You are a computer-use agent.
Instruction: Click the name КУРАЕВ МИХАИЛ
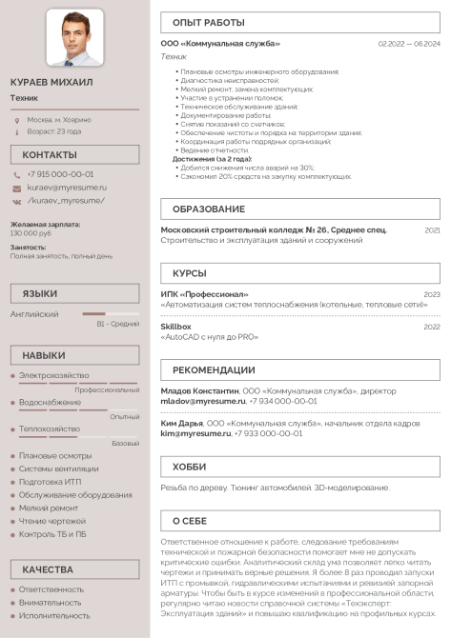51,83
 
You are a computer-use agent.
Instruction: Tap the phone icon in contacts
17,175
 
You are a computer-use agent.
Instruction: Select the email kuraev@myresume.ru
67,188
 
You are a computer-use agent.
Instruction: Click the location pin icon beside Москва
17,120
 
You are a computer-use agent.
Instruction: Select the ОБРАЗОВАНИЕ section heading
209,209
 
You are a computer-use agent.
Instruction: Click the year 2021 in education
432,230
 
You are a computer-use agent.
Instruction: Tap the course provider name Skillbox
175,327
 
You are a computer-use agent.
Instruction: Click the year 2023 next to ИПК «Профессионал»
432,294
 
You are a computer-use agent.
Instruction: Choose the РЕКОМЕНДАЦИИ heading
214,369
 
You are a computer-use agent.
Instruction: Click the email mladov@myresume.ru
196,402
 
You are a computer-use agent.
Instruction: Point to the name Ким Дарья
181,423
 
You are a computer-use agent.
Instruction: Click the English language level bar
111,313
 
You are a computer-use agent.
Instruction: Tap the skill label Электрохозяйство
53,376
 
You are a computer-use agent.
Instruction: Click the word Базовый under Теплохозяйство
125,444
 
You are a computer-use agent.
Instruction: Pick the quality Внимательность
51,603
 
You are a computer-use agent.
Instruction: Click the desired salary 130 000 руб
31,233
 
